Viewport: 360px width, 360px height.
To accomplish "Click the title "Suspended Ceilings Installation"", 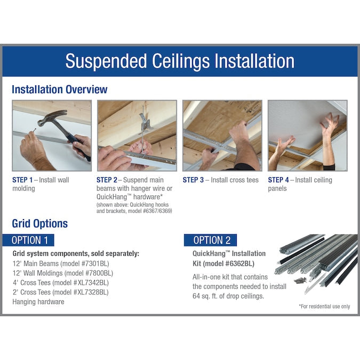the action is point(180,61).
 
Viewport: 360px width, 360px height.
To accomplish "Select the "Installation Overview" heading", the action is point(59,89).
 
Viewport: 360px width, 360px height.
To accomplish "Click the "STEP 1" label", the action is point(22,180).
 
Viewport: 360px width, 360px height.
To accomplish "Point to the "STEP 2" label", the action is point(107,180).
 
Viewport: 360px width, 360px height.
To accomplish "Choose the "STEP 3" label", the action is point(193,180).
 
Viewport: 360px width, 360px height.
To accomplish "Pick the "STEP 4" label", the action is point(278,180).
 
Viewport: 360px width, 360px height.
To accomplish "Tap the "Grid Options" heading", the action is point(39,223).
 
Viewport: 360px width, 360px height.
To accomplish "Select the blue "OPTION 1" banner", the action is point(28,240).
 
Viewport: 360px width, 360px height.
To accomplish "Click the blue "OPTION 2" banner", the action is point(210,240).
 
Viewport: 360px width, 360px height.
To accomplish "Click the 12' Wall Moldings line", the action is point(63,273).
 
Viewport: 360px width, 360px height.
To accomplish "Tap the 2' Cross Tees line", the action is point(61,292).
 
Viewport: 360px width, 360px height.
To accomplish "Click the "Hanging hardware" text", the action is point(38,302).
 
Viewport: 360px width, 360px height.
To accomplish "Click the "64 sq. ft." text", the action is point(205,296).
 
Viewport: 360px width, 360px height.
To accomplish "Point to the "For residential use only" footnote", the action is point(324,306).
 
